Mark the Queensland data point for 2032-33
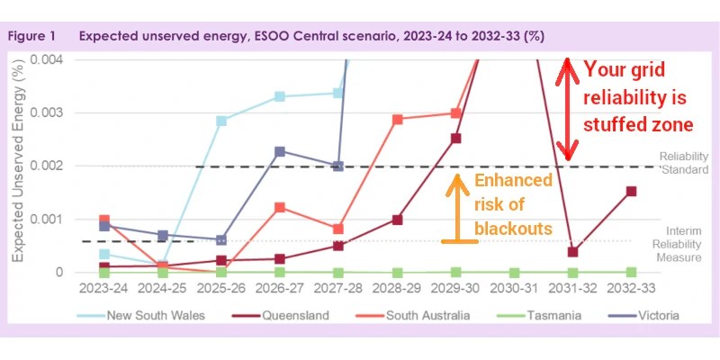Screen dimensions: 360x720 [631, 191]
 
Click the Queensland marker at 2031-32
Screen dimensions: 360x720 [572, 251]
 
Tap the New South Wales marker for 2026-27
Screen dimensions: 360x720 [280, 96]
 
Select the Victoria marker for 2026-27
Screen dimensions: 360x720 [280, 151]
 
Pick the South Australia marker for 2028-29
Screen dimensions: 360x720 [397, 119]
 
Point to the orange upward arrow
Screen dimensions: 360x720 [456, 207]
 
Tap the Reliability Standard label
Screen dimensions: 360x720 [685, 162]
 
